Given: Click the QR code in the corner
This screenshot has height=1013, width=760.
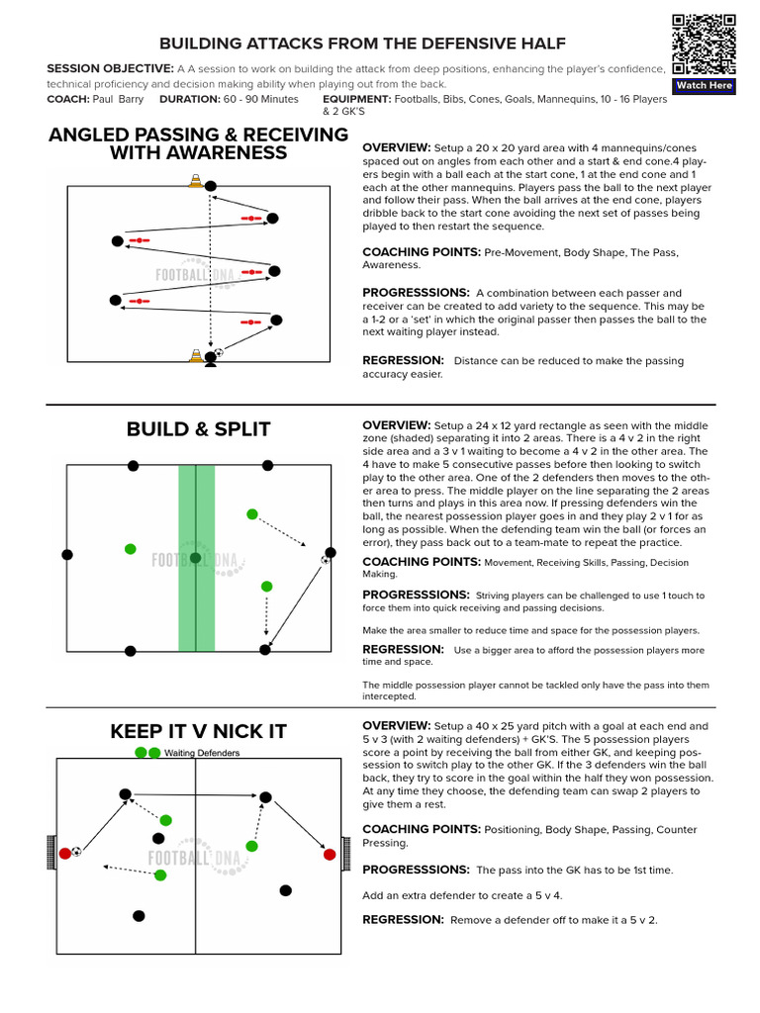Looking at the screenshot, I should click(704, 44).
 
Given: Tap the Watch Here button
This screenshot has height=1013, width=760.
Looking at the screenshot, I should click(704, 86).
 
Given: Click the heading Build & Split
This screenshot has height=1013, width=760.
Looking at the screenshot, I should click(198, 428).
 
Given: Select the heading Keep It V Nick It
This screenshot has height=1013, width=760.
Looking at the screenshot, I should click(198, 731).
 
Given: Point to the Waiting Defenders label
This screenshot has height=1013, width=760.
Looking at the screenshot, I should click(202, 753).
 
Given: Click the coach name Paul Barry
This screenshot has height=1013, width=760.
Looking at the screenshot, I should click(117, 100).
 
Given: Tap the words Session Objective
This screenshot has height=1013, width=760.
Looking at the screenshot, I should click(110, 68).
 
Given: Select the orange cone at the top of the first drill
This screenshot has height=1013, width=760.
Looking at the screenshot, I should click(196, 181).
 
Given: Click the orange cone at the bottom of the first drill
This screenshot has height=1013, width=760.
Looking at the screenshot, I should click(196, 355).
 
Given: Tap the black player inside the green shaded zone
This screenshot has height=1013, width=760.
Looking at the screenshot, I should click(196, 558).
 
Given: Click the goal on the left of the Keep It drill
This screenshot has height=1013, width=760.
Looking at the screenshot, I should click(52, 853).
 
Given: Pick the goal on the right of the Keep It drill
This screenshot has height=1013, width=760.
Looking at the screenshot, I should click(345, 853).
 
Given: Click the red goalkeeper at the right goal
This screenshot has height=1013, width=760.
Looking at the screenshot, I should click(330, 854).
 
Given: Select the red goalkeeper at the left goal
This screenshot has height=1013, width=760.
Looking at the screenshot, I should click(65, 853).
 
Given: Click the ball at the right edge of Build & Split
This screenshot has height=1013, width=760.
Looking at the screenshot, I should click(326, 560).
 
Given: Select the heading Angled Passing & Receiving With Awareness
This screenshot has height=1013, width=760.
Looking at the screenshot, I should click(198, 143).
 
